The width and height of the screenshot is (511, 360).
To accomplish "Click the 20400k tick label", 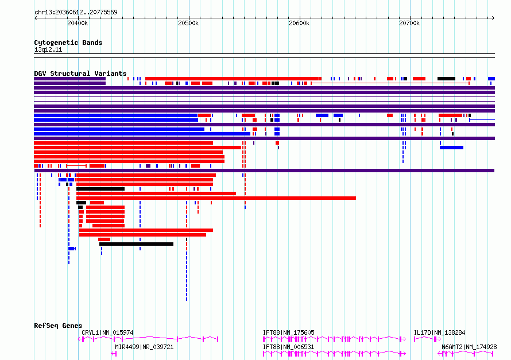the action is (78, 23).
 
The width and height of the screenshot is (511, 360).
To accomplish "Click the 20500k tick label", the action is (188, 23).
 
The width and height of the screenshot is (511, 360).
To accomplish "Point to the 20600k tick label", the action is (299, 23).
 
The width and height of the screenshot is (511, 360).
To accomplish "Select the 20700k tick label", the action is (409, 23).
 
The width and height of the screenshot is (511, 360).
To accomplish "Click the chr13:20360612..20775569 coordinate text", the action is (76, 13).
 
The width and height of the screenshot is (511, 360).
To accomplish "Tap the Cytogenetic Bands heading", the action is (68, 42).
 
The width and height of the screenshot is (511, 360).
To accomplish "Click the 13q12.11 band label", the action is (48, 49).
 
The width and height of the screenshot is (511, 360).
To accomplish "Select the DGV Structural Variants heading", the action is (80, 73).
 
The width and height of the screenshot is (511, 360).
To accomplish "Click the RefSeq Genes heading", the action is (58, 326).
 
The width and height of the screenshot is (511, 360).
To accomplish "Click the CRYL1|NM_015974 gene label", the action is (107, 332).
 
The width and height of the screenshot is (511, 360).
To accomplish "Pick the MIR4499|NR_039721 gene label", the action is (144, 347).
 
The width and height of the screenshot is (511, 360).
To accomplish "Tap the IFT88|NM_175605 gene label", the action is (288, 332).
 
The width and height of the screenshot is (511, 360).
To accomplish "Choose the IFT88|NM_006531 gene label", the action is (288, 347).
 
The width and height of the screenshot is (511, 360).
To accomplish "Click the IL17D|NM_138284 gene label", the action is (439, 332).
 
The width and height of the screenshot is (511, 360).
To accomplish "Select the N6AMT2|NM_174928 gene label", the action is (469, 347).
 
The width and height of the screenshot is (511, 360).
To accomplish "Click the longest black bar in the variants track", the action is (136, 244).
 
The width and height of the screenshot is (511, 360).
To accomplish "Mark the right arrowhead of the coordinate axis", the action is (493, 18).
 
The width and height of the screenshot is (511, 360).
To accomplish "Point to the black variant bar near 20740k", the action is (446, 79).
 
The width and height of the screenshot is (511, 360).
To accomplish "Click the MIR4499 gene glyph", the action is (114, 354).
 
